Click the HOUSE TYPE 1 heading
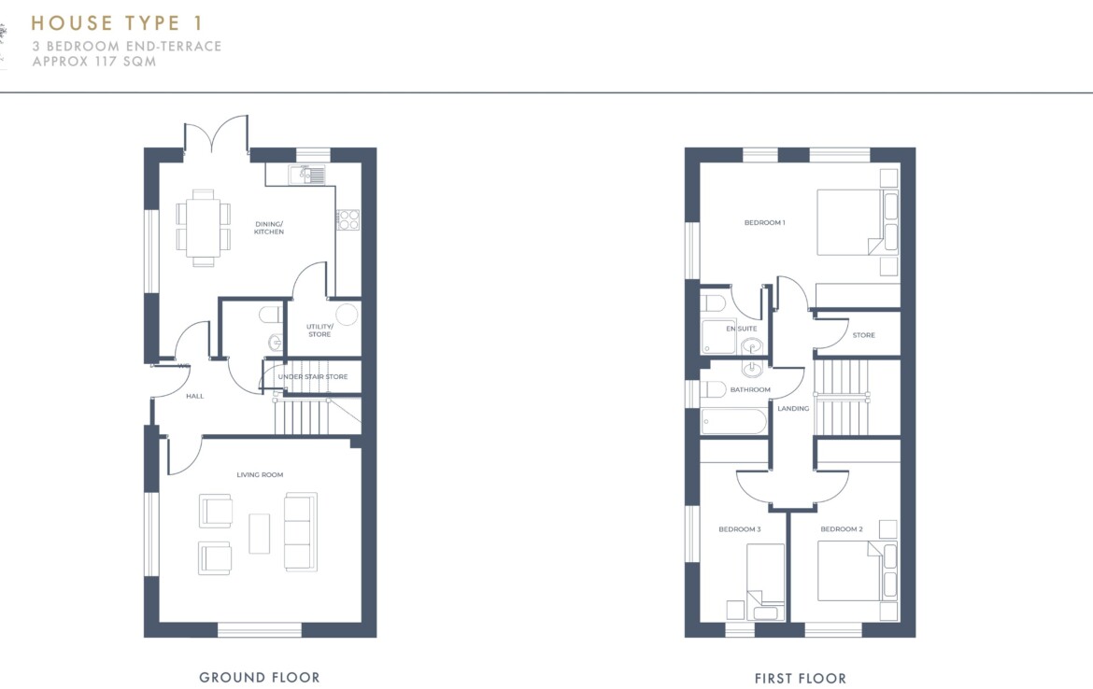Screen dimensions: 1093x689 (117, 23)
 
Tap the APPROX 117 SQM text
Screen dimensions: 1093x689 (94, 62)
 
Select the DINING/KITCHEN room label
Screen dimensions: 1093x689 (269, 228)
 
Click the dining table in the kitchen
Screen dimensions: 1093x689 (204, 228)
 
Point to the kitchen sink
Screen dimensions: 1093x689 (307, 175)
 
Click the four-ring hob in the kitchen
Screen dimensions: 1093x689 (348, 219)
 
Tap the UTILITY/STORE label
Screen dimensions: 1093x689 (319, 330)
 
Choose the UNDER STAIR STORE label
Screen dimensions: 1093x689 (313, 377)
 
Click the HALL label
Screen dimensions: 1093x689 (195, 396)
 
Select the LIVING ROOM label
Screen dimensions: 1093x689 (260, 474)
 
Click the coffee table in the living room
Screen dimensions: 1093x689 (260, 534)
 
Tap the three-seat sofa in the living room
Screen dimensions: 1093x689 (301, 531)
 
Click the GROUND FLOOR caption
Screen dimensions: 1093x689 (260, 677)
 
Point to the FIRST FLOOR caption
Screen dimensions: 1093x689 (801, 678)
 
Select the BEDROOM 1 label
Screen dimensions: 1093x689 (765, 223)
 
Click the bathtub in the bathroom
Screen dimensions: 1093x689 (734, 421)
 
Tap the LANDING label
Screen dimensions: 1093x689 (793, 408)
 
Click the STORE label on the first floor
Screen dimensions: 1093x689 (864, 335)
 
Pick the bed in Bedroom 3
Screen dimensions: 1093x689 (765, 582)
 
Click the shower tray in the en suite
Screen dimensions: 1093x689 (718, 336)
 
